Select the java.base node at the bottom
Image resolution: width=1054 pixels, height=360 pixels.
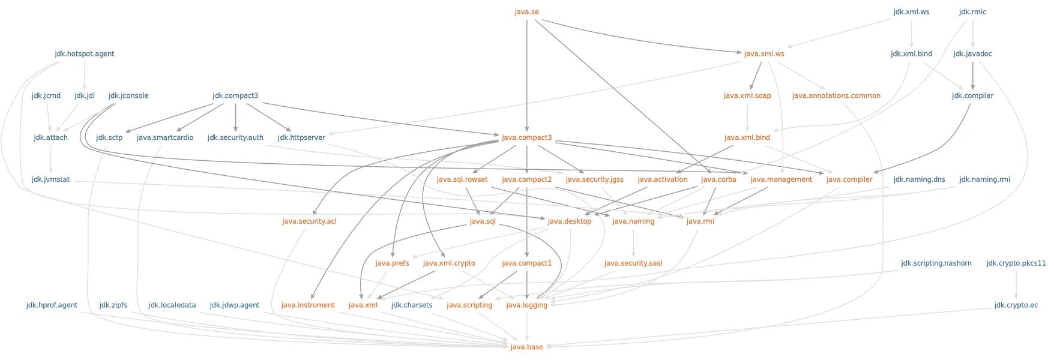coord(526,347)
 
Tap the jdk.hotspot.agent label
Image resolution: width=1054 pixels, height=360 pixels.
coord(85,54)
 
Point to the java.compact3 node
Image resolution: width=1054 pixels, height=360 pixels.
coord(526,138)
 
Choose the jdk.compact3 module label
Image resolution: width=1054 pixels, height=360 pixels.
coord(235,96)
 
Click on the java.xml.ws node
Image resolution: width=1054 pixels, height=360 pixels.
coord(764,54)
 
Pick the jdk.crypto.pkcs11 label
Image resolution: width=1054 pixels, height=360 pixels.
coord(1016,263)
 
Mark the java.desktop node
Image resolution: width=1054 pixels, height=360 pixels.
coord(570,221)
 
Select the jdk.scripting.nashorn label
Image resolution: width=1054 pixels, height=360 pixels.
coord(936,263)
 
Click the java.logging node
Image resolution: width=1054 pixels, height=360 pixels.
coord(526,305)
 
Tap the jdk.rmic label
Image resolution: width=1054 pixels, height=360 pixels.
coord(972,12)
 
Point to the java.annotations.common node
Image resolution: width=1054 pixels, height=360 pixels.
coord(836,96)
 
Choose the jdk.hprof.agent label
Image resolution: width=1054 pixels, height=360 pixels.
coord(52,305)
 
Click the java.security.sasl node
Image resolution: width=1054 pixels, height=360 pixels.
coord(633,263)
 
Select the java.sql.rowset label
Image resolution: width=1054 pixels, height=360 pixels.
coord(462,179)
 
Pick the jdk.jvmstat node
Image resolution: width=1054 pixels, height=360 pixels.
coord(51,179)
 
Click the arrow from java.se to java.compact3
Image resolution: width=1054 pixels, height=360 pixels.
coord(526,76)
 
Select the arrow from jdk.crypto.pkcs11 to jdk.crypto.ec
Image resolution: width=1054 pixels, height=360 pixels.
coord(1016,284)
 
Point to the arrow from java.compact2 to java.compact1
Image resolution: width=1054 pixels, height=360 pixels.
coord(526,221)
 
